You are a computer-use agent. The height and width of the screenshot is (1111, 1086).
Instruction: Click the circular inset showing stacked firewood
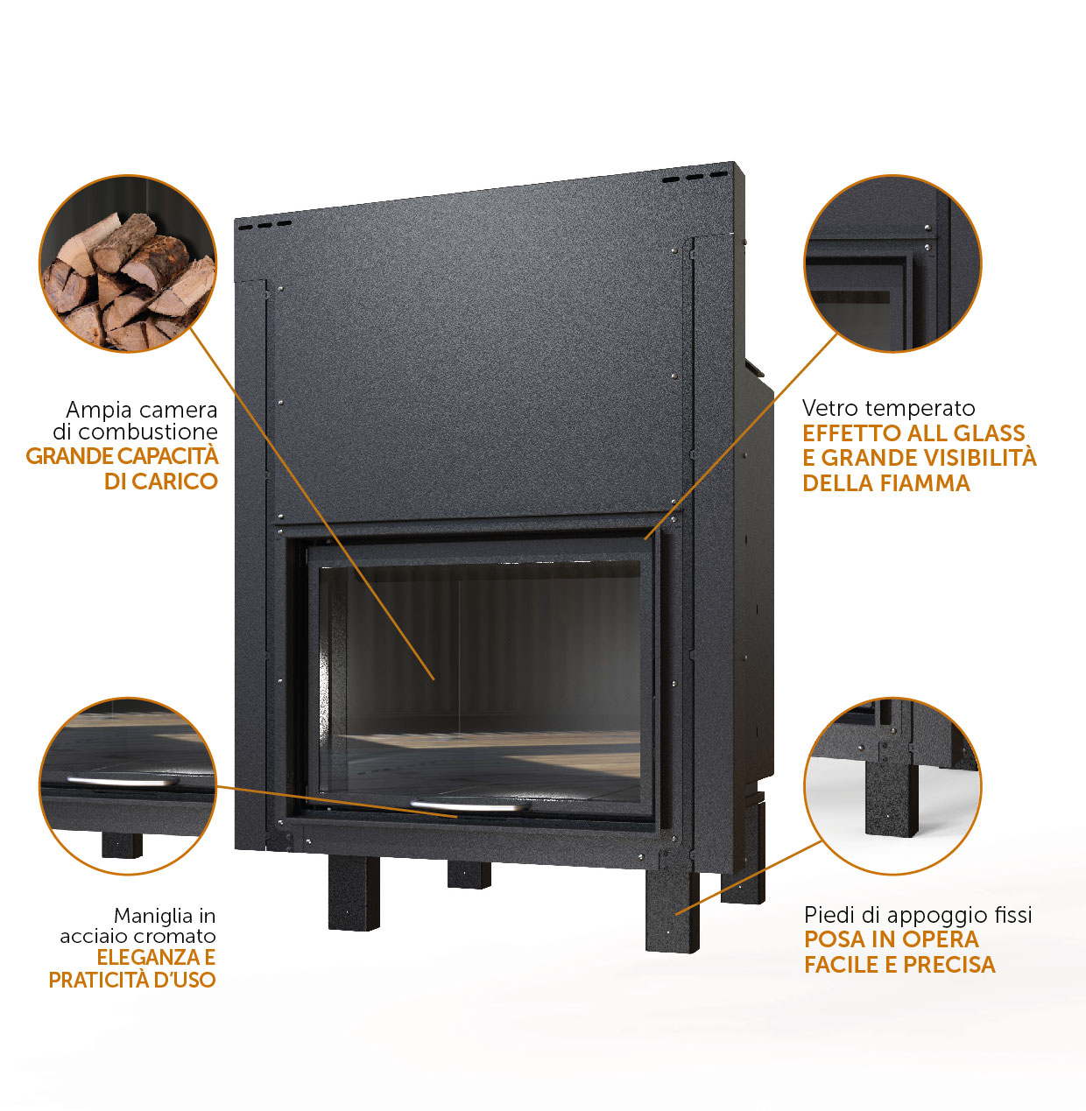coord(128,264)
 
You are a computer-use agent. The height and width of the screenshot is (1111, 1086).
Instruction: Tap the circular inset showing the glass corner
coord(892,264)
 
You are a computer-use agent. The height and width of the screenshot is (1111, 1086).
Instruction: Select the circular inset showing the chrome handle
coord(128,786)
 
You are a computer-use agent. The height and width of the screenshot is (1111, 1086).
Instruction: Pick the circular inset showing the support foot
coord(892,786)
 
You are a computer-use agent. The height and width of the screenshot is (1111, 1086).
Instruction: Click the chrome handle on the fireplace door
coord(470,806)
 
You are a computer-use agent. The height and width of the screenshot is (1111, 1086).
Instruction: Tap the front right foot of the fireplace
coord(672,910)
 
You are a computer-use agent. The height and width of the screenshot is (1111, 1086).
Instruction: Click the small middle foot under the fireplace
coord(469,875)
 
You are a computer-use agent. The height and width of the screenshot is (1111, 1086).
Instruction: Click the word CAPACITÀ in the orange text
coord(168,455)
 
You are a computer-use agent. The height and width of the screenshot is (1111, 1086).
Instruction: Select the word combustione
coord(148,432)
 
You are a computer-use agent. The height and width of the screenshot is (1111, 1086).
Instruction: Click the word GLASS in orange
coord(990,433)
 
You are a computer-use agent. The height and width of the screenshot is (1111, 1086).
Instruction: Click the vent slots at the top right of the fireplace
coord(695,177)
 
